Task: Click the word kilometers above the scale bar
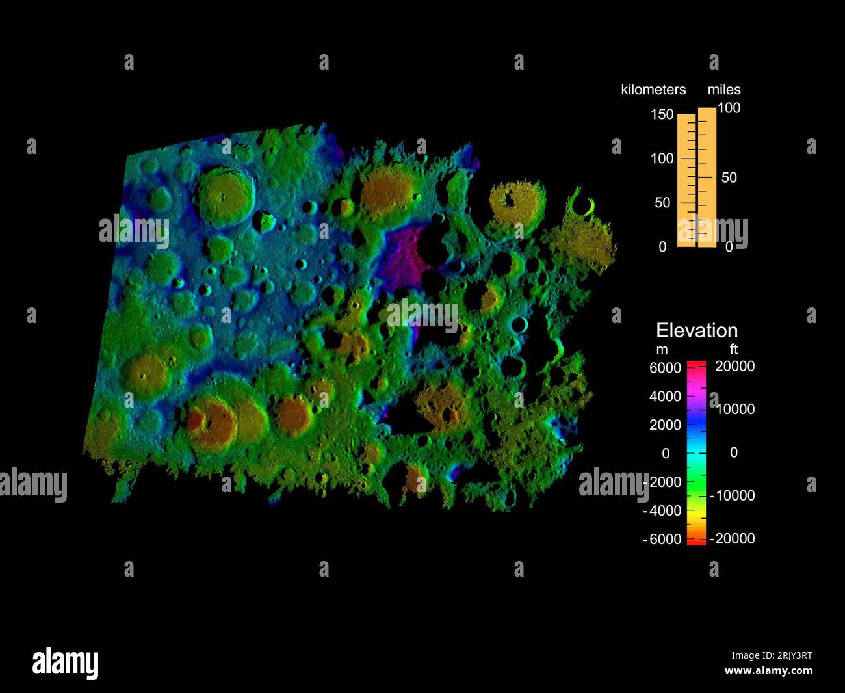[653, 90]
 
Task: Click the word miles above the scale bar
[724, 90]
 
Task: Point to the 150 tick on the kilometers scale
[662, 114]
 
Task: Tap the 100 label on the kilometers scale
[662, 159]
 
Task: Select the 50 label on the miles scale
[729, 177]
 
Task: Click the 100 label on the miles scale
[729, 108]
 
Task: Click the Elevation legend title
[697, 330]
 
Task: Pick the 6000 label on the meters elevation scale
[665, 368]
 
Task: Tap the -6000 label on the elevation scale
[662, 539]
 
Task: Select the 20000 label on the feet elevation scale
[735, 367]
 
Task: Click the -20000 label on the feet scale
[733, 538]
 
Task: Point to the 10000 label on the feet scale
[735, 410]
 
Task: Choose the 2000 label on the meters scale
[665, 425]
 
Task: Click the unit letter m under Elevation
[662, 350]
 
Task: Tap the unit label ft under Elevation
[734, 350]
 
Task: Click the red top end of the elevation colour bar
[696, 364]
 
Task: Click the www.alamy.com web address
[768, 671]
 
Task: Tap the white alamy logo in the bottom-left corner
[66, 663]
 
